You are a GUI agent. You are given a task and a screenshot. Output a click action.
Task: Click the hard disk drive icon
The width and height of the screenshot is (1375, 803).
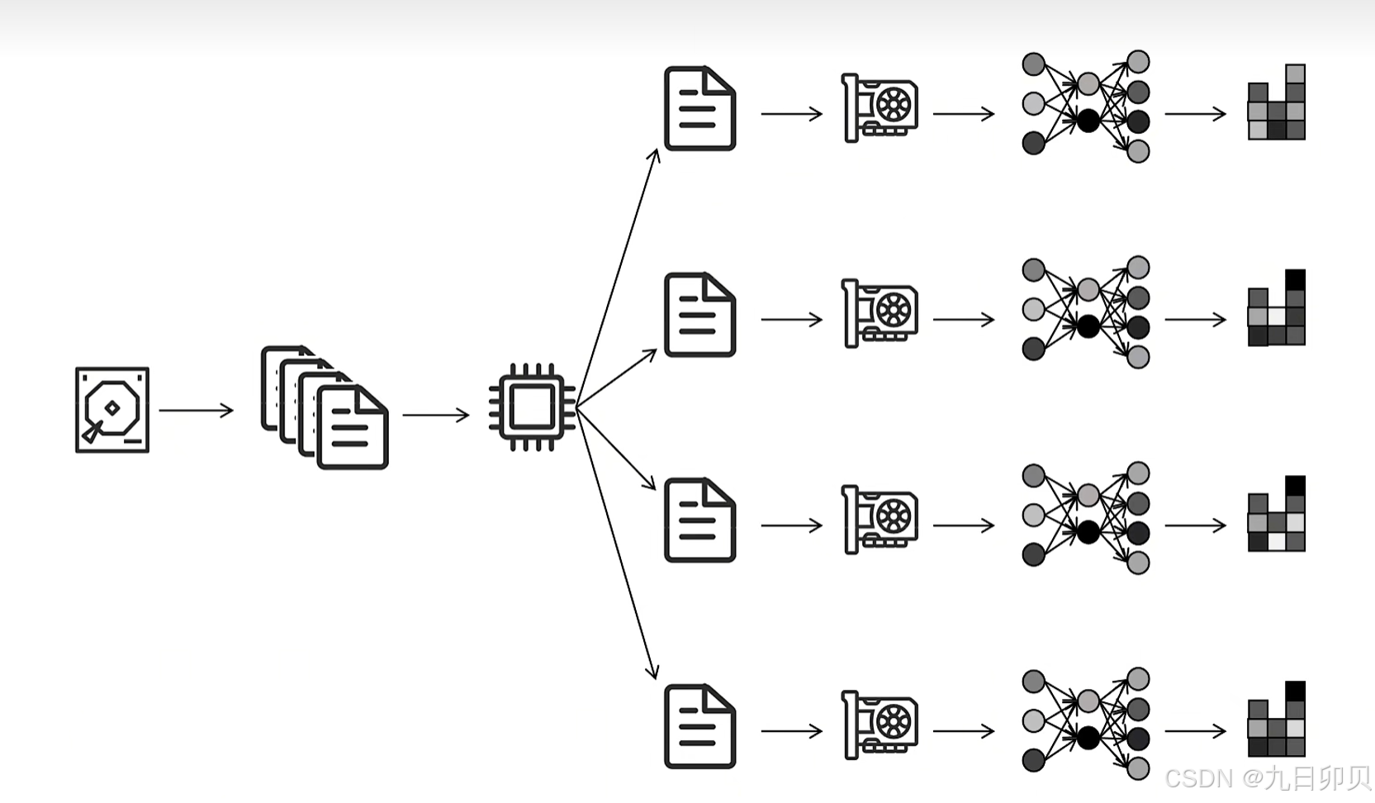112,410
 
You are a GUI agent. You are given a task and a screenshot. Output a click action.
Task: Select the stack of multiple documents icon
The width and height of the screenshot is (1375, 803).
325,407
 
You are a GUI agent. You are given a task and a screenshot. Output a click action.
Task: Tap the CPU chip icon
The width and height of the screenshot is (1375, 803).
532,406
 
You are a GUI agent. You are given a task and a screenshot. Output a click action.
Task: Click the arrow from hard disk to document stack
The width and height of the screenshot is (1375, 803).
196,410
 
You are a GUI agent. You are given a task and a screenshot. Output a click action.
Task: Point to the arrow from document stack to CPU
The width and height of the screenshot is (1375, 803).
435,414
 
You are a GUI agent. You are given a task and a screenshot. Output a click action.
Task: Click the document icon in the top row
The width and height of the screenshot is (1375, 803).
699,108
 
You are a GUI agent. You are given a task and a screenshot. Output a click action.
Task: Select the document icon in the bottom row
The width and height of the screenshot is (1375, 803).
699,726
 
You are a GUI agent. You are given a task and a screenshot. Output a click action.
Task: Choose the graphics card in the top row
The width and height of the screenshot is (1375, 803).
880,108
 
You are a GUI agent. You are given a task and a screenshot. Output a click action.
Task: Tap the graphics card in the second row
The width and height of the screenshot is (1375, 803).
880,314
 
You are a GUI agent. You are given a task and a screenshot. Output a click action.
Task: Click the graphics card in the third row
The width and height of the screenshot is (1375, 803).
880,520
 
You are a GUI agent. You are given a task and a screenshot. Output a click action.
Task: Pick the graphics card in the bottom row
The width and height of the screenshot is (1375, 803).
880,725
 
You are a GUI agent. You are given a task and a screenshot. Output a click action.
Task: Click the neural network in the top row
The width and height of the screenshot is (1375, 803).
1086,107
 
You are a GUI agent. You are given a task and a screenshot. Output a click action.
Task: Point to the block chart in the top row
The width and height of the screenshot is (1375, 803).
1276,103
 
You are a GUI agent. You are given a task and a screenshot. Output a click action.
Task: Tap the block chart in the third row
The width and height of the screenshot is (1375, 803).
1276,515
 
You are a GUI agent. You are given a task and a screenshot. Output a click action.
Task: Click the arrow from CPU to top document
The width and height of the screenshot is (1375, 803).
617,277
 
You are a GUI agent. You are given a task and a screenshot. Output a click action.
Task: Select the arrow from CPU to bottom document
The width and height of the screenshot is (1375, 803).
617,545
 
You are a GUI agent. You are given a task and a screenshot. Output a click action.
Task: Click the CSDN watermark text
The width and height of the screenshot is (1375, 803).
1267,778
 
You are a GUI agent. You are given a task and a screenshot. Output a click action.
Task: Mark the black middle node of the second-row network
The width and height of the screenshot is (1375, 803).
1088,326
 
